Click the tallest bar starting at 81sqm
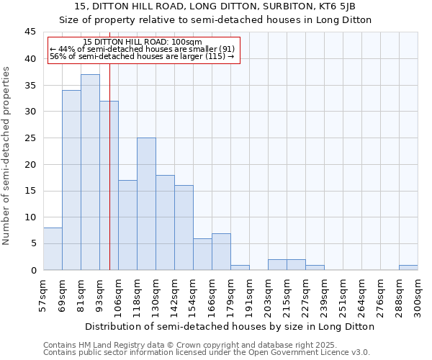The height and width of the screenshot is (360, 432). [90, 172]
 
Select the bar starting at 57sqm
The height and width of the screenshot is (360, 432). [53, 249]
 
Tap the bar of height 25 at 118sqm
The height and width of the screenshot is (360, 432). [146, 204]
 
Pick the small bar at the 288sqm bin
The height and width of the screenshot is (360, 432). [408, 267]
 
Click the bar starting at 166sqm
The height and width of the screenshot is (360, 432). [221, 252]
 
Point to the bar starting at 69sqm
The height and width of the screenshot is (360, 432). [71, 180]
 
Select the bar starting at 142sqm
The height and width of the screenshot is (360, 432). [184, 228]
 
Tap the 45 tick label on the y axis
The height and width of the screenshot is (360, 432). [30, 32]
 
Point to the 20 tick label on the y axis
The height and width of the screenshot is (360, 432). [30, 164]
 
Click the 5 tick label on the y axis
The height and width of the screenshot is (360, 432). [32, 243]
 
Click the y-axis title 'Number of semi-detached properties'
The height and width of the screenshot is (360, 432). [7, 155]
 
